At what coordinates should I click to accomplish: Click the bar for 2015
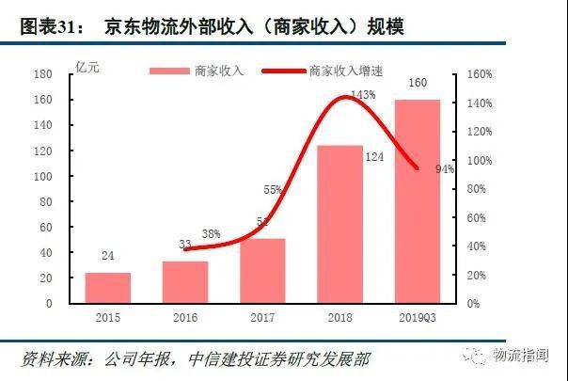coord(108,288)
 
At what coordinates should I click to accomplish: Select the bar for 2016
coord(185,282)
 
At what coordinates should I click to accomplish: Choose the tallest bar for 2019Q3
coord(417,201)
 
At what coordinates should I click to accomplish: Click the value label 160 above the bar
coord(418,84)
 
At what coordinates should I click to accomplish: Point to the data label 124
coord(374,157)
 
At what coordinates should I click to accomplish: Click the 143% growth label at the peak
coord(363,94)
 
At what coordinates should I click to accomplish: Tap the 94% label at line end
coord(445,169)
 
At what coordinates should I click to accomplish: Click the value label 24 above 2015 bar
coord(108,254)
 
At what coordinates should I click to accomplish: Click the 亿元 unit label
coord(87,66)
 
